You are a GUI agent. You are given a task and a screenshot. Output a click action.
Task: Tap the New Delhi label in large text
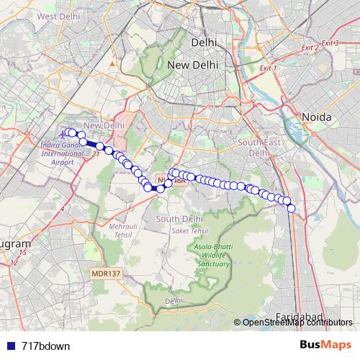[x=192, y=66]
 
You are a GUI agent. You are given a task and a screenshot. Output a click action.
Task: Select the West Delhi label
[x=57, y=16]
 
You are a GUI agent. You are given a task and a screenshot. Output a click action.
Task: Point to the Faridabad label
[x=300, y=317]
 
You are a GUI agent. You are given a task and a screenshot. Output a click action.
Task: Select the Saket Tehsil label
[x=189, y=230]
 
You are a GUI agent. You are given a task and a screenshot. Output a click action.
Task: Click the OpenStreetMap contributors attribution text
[x=297, y=323]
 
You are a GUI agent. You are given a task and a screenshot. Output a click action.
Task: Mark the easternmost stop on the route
[x=292, y=208]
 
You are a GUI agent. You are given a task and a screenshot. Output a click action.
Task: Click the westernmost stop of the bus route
[x=68, y=132]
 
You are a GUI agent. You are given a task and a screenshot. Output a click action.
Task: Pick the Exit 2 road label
[x=310, y=48]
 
